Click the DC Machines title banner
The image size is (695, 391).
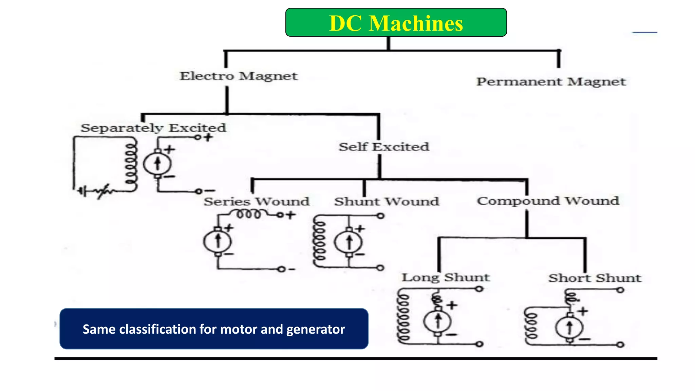coord(396,23)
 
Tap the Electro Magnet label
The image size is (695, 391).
coord(239,76)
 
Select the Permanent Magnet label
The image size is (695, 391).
coord(551,82)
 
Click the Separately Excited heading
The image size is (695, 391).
coord(153,128)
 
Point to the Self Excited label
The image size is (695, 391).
coord(384,147)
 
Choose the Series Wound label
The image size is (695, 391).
coord(257,202)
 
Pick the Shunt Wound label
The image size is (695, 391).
coord(387,202)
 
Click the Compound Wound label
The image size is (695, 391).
coord(548,201)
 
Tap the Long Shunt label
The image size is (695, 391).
coord(446,278)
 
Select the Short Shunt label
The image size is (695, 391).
coord(595,278)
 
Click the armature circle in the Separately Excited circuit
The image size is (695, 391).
coord(157,164)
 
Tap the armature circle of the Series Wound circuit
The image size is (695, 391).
coord(218,242)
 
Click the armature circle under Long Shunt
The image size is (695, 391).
coord(438,321)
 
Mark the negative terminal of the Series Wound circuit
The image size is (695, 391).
coord(281,269)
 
